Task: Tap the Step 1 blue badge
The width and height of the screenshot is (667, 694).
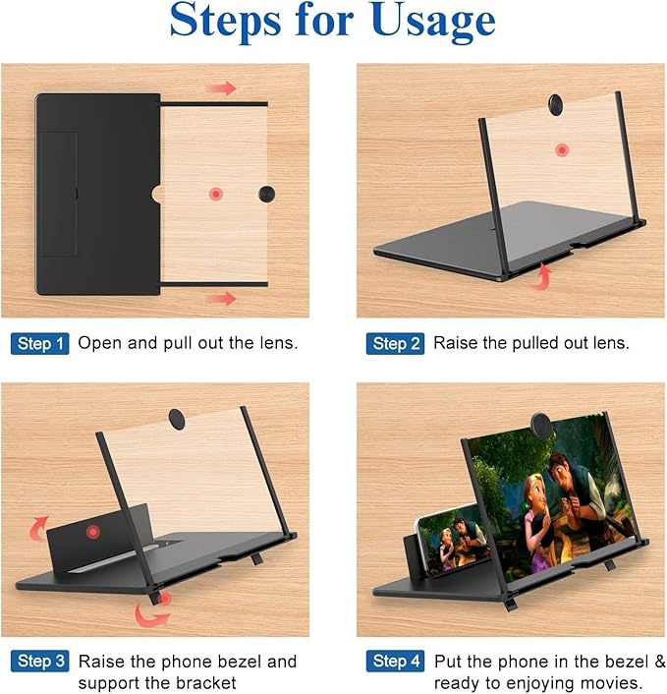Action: pos(40,344)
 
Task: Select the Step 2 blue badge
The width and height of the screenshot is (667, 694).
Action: pos(396,344)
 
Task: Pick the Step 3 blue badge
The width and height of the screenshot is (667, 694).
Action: pos(40,662)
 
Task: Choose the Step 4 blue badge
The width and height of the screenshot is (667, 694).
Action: pos(396,662)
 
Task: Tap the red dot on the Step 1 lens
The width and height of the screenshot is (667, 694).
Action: pos(215,195)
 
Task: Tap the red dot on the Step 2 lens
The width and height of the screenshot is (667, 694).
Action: pos(561,150)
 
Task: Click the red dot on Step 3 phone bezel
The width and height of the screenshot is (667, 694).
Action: pos(93,532)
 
